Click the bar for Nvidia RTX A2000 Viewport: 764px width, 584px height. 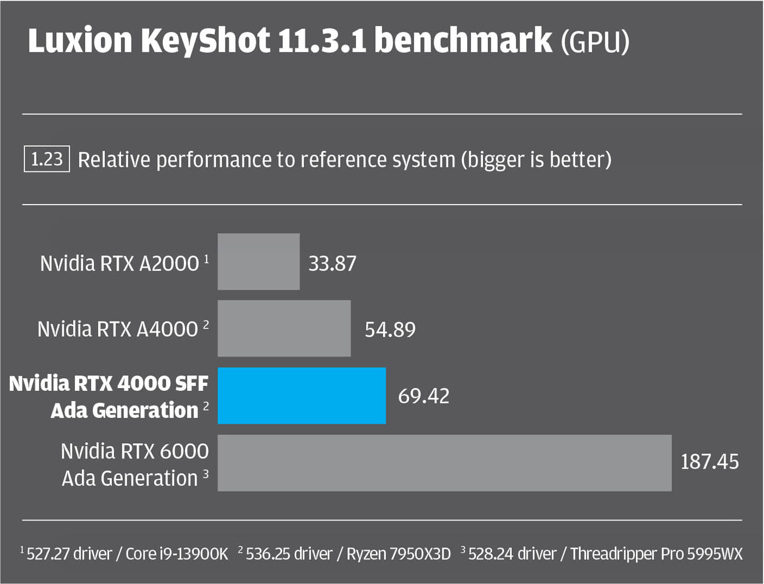click(x=258, y=261)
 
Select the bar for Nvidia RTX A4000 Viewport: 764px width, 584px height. click(x=284, y=328)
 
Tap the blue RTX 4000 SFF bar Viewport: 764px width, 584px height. click(x=301, y=395)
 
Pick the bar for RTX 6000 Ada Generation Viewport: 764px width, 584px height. click(x=444, y=462)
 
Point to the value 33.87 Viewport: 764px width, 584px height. click(x=332, y=264)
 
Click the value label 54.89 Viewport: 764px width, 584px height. click(x=390, y=330)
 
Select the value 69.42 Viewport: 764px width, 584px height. click(x=423, y=396)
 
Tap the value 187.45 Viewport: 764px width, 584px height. click(x=709, y=462)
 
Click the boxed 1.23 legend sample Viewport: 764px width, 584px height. click(x=46, y=159)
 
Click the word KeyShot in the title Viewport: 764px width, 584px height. click(x=205, y=41)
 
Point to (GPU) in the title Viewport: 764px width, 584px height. click(x=595, y=42)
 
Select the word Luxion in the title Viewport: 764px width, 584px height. click(x=80, y=41)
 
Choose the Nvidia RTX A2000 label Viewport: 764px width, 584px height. click(x=120, y=264)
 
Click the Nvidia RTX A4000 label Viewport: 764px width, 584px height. click(x=117, y=329)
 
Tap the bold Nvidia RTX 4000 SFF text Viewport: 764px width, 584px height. click(x=109, y=383)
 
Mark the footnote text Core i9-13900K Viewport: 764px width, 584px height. click(x=176, y=554)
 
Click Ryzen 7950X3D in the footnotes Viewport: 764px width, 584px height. click(x=398, y=554)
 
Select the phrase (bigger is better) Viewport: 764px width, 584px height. click(x=536, y=160)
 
